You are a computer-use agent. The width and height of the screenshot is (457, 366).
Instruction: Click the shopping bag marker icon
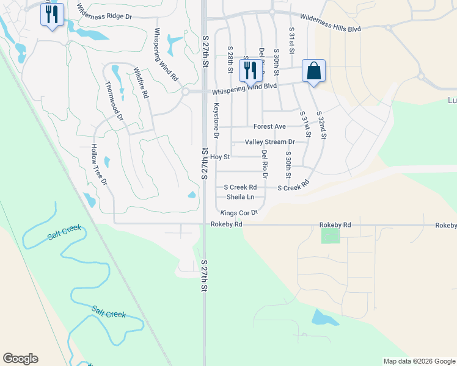[313, 71]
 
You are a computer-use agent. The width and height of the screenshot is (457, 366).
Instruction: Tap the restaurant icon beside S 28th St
[250, 71]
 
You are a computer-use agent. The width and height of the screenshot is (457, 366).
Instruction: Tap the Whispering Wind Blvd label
[244, 89]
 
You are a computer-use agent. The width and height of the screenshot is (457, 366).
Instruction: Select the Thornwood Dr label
[114, 100]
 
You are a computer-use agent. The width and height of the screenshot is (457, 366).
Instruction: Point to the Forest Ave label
[269, 127]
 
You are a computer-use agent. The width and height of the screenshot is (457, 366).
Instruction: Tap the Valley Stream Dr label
[269, 142]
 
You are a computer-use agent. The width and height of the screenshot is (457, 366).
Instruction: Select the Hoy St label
[219, 157]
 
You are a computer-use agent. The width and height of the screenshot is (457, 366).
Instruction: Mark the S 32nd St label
[322, 126]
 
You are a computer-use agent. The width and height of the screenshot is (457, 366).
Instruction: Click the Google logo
[20, 359]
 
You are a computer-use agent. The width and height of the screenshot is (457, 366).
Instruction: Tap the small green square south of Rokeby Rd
[331, 236]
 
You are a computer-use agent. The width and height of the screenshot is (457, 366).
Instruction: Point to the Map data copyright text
[419, 361]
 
